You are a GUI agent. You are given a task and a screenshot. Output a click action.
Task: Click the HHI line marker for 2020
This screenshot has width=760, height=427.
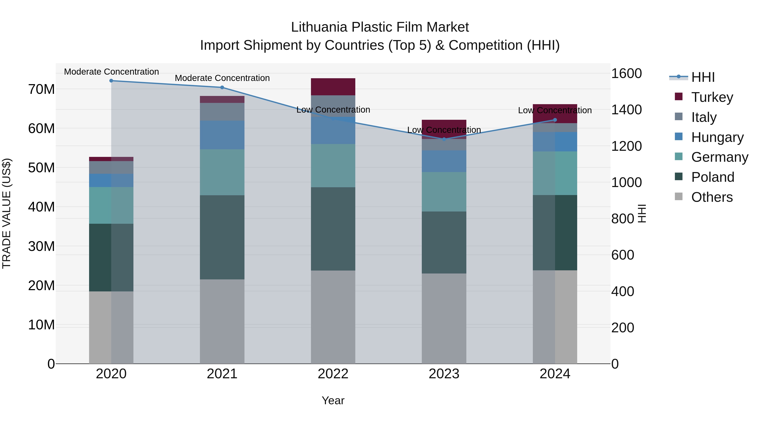pos(111,81)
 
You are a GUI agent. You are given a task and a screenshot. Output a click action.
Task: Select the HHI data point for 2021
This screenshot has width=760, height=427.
pos(222,88)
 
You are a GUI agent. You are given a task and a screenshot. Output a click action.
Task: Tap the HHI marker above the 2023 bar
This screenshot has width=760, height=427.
pos(444,139)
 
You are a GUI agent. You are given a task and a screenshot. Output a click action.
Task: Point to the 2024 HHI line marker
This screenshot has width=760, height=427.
pos(555,120)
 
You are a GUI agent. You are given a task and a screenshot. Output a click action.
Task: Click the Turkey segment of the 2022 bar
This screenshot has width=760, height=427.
pos(333,87)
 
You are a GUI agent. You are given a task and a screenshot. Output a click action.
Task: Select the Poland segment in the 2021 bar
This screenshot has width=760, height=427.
pos(222,237)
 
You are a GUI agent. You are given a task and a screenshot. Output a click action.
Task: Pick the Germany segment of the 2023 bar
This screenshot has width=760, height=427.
pos(444,192)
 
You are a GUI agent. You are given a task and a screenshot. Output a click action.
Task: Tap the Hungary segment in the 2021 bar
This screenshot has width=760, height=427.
pos(222,135)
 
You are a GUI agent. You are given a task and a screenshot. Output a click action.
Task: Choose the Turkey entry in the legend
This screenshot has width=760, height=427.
pos(712,97)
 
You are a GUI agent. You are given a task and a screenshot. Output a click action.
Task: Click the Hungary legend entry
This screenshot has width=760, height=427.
pos(717,137)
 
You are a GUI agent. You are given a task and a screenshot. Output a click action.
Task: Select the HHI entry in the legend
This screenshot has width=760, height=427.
pos(703,77)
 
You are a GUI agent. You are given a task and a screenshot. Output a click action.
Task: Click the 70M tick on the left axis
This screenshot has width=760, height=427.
pos(41,89)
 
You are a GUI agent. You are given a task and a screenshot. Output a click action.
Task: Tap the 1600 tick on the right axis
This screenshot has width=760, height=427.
pos(626,73)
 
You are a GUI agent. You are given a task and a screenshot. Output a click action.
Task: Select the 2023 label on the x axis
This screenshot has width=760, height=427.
pos(444,374)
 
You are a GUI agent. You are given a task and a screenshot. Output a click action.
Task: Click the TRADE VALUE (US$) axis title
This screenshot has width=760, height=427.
pos(7,213)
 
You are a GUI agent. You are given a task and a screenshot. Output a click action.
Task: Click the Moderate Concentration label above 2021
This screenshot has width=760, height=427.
pos(222,78)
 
